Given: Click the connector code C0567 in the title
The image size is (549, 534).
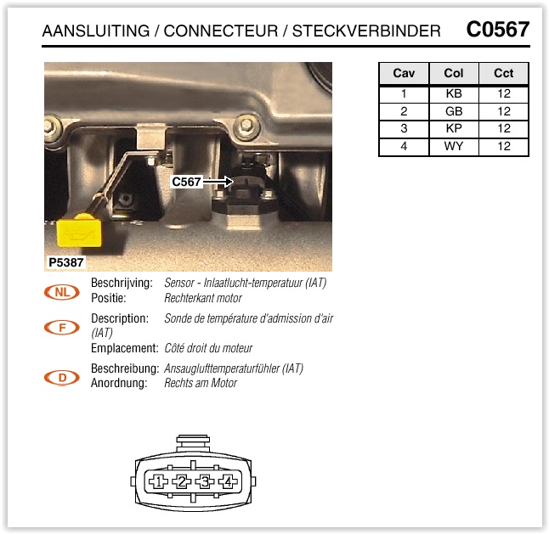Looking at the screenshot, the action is [x=497, y=30].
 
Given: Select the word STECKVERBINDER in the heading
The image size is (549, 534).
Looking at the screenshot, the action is [x=366, y=31].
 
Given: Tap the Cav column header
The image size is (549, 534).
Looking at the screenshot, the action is [x=404, y=73].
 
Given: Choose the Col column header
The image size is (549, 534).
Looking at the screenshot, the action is [x=454, y=73].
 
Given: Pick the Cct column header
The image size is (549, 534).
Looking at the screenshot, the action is [x=503, y=73].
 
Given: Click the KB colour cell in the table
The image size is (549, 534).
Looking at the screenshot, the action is [x=454, y=93].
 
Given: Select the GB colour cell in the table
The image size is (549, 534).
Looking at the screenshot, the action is [x=454, y=111].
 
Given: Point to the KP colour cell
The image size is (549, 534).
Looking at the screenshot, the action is [x=454, y=129].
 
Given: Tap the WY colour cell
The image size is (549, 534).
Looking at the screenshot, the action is [x=454, y=146].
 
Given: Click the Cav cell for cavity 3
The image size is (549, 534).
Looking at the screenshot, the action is [x=404, y=129].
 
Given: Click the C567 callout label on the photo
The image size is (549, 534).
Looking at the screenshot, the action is [x=186, y=182].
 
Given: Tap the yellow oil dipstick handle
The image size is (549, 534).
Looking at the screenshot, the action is [x=79, y=231].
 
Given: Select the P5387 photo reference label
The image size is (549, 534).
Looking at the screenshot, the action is [x=65, y=262].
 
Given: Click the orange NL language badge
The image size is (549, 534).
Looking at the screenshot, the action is [x=62, y=292].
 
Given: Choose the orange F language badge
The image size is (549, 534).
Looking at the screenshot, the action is [x=62, y=328].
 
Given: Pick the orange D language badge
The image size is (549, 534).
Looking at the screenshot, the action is [x=62, y=378].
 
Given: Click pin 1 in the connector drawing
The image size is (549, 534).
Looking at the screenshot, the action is [x=159, y=482].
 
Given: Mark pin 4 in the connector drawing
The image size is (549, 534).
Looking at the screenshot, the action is [x=228, y=482].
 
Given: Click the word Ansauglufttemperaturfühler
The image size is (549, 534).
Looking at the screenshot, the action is [x=222, y=368].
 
